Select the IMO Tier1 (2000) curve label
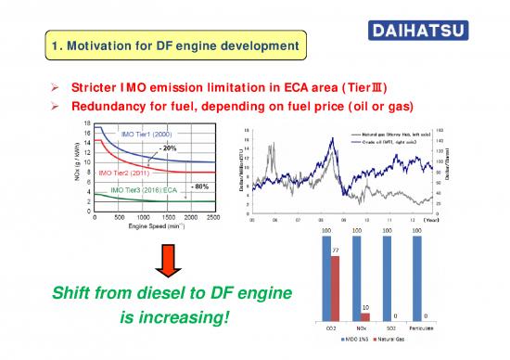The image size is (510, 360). (x=153, y=134)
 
